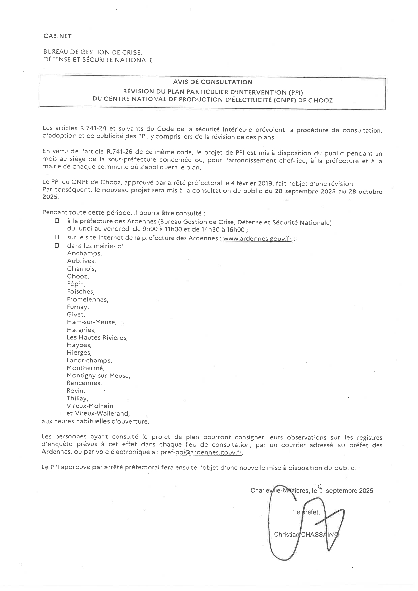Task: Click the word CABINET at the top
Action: click(x=58, y=36)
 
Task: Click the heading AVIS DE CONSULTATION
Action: click(x=213, y=82)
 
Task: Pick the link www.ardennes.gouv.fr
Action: click(x=258, y=238)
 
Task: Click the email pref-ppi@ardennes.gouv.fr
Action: click(x=201, y=453)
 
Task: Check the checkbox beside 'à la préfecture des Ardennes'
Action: click(x=57, y=221)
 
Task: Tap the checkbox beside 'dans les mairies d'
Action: click(x=57, y=245)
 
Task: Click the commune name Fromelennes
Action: click(x=87, y=299)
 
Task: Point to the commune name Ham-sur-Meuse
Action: click(x=91, y=322)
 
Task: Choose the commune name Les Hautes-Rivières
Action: click(x=97, y=337)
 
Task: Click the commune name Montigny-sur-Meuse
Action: click(x=98, y=375)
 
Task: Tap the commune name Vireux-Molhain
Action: click(x=90, y=406)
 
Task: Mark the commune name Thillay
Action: click(x=77, y=398)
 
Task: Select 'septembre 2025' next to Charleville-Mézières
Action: click(x=349, y=491)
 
